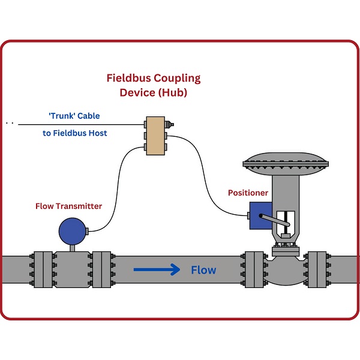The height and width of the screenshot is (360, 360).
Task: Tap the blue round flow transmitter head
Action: click(x=71, y=230)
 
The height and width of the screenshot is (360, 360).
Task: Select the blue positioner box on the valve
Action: click(x=260, y=214)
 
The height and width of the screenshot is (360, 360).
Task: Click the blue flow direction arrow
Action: click(x=157, y=270)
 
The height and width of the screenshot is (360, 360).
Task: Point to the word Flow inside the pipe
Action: click(x=203, y=270)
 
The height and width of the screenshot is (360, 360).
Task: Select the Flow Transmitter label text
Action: click(x=68, y=206)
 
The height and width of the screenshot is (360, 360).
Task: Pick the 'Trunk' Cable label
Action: click(x=74, y=116)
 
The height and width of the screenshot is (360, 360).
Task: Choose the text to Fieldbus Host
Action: click(x=75, y=133)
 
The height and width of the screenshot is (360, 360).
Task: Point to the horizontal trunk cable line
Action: click(x=78, y=124)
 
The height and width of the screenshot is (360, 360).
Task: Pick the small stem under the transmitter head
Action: click(x=73, y=246)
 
